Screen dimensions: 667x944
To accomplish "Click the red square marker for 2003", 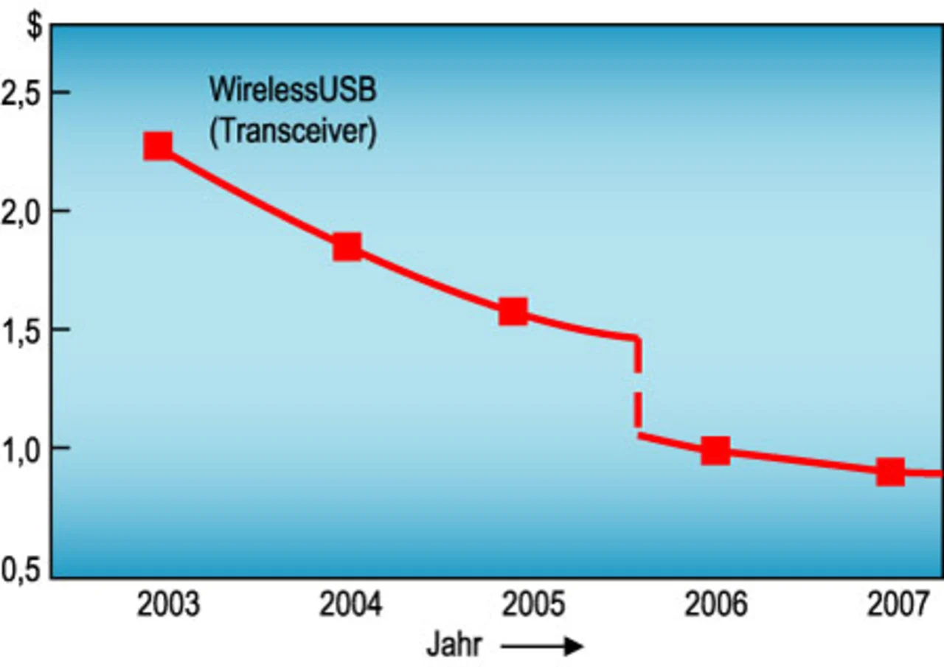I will coord(158,146).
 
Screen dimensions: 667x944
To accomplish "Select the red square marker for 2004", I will coord(347,247).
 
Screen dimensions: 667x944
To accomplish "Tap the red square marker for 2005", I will coord(513,311).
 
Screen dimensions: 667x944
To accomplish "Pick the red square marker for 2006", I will coord(715,450).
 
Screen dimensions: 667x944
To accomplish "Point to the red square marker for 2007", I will coord(890,472).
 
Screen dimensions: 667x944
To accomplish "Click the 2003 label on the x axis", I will coord(168,606).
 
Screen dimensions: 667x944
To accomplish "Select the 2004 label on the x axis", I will coord(351,606).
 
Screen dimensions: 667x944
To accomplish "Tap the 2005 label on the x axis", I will coord(533,606).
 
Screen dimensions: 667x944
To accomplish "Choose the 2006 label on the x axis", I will coord(715,606).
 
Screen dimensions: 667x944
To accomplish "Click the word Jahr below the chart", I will coord(454,646).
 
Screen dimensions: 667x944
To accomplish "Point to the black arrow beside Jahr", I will coord(542,647).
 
